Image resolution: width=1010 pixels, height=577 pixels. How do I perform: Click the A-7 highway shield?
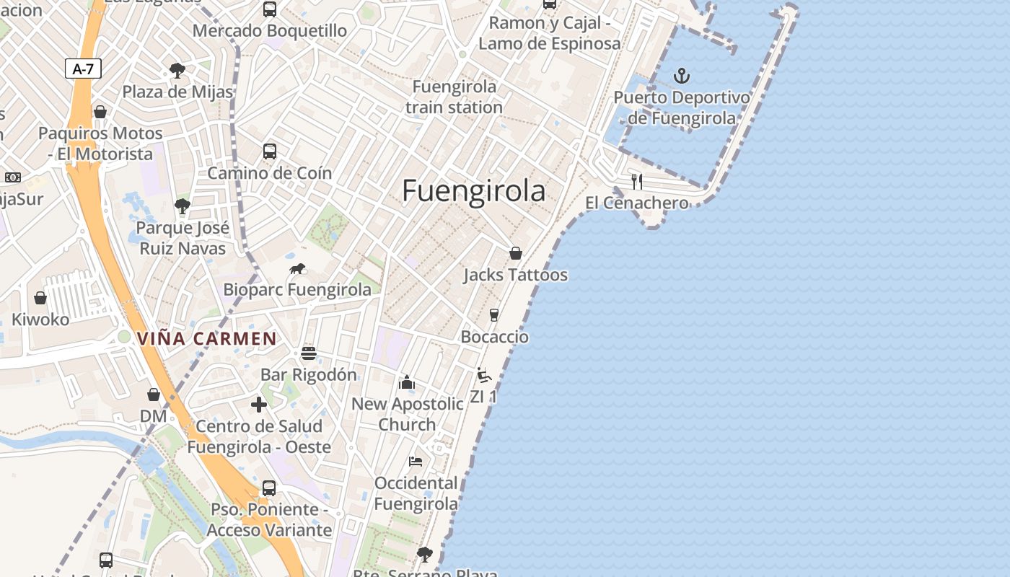pos(83,69)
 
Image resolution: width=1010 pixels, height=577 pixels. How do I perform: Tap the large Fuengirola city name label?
pos(473,191)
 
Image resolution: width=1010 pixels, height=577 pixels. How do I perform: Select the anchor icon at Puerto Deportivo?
pos(681,76)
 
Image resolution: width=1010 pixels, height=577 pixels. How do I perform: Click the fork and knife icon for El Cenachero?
pos(636,181)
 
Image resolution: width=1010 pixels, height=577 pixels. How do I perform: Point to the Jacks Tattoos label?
pos(515,275)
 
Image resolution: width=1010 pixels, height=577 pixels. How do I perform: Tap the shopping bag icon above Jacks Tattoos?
pos(516,253)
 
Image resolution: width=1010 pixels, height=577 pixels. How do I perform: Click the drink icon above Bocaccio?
pos(494,315)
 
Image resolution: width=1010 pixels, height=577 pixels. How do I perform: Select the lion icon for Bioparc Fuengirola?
pos(297,269)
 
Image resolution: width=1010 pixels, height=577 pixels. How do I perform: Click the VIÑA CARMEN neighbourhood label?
pos(207,338)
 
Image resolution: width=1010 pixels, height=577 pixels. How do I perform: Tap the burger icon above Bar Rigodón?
pos(309,353)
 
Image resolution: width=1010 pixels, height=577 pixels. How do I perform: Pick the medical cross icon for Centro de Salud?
pos(258,405)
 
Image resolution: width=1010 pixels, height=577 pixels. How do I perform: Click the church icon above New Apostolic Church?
pos(407,382)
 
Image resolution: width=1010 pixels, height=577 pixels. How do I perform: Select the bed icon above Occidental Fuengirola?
pos(416,462)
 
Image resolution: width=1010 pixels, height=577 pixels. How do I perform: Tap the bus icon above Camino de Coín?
pos(269,151)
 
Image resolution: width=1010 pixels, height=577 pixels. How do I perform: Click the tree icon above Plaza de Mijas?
pos(177,71)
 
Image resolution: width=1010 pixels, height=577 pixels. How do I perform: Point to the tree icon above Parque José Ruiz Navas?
pos(183,207)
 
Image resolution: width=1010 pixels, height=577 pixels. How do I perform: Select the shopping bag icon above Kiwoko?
pos(40,298)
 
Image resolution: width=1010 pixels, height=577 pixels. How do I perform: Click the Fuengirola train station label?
pos(454,97)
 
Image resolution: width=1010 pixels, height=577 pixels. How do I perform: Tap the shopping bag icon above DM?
pos(153,395)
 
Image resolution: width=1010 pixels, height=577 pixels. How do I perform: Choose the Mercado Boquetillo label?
pos(269,31)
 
